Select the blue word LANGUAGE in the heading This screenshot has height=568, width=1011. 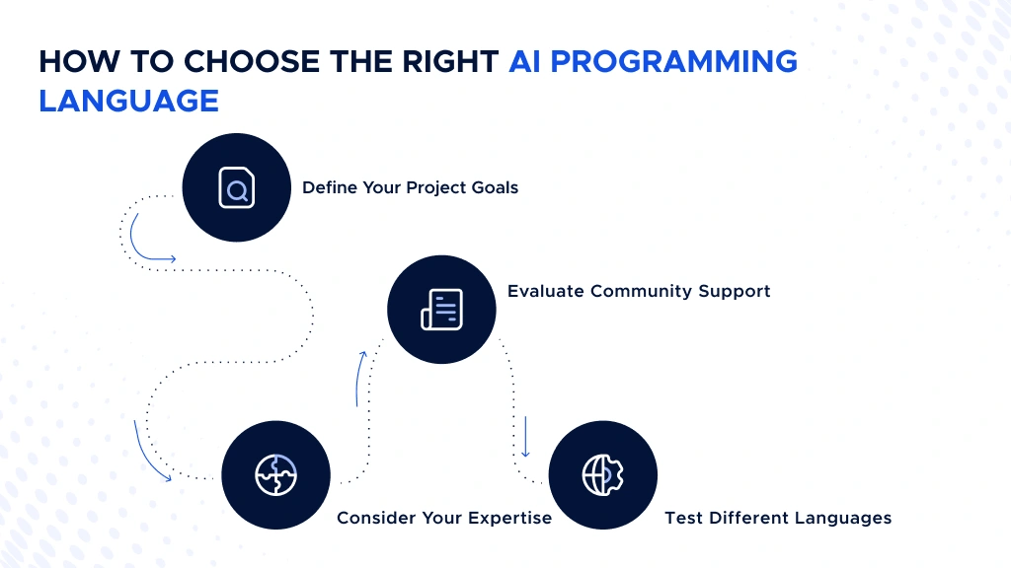129,101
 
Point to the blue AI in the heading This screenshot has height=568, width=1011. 528,61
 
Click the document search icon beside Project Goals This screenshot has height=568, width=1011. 237,187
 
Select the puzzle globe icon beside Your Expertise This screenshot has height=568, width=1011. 275,475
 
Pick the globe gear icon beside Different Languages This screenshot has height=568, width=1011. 602,475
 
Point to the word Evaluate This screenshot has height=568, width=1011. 545,291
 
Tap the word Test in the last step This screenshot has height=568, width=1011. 682,518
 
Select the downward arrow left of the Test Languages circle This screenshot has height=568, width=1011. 526,436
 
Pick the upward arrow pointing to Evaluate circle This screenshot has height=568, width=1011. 359,377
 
